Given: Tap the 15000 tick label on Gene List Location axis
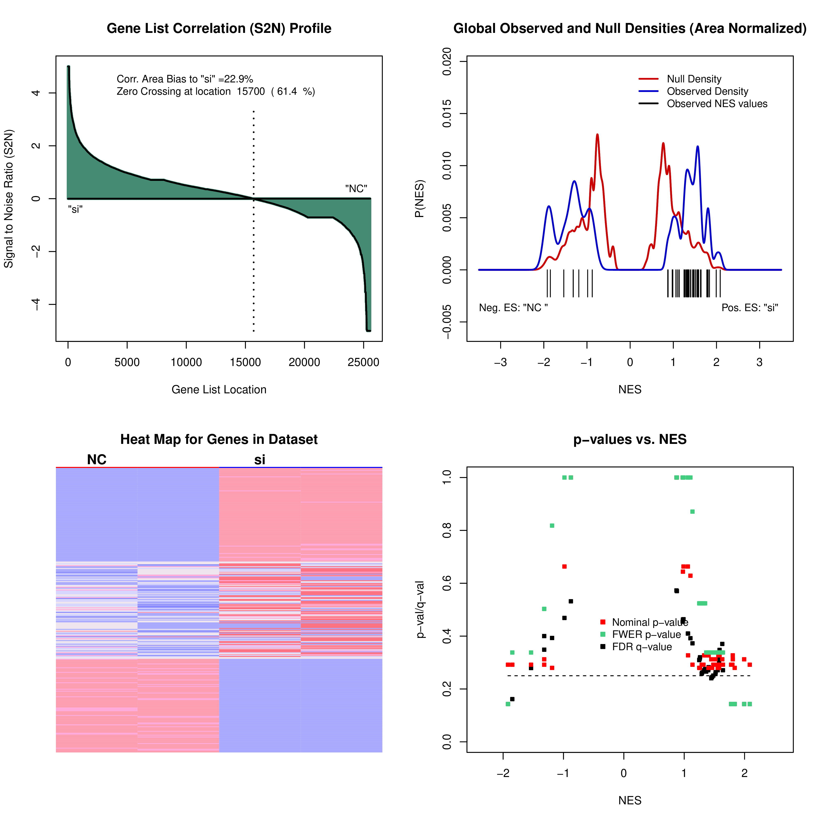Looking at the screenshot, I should (245, 363).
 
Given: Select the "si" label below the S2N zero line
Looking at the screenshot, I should (75, 209).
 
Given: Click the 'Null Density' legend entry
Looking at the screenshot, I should (694, 79).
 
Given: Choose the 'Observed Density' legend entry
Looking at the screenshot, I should (707, 91).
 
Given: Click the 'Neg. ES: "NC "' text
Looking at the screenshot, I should (513, 308).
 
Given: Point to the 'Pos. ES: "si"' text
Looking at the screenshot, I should (750, 308).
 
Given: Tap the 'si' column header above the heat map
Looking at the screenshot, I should (260, 459).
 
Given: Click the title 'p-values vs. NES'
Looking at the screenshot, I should (630, 439).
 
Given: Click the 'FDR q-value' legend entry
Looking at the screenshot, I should (642, 647).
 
